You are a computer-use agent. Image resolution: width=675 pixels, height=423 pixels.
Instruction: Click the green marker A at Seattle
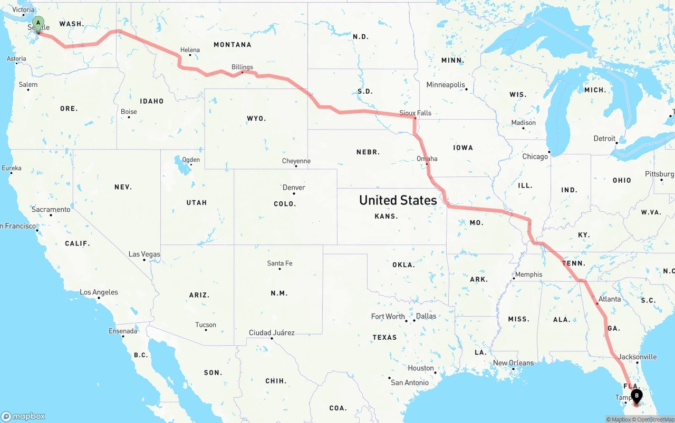[38, 23]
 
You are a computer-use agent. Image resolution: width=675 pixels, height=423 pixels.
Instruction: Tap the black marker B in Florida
[637, 396]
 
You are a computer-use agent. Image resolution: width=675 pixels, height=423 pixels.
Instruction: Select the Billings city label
[242, 67]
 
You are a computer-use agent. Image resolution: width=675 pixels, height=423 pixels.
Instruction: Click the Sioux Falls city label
[415, 113]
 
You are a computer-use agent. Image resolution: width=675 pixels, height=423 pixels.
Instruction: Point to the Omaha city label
[427, 159]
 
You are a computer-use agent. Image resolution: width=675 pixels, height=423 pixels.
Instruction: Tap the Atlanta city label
[610, 299]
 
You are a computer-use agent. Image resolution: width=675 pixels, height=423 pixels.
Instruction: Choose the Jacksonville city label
[638, 357]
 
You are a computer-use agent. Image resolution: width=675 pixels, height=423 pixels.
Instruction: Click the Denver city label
[294, 188]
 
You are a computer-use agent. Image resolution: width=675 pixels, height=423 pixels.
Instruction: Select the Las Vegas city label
[144, 254]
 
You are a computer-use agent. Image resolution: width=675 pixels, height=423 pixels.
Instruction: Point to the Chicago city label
[535, 156]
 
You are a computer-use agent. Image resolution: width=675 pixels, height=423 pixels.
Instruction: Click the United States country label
[398, 200]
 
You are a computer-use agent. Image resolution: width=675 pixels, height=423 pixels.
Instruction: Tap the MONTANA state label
[232, 45]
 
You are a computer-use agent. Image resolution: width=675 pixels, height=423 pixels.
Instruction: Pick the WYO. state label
[256, 119]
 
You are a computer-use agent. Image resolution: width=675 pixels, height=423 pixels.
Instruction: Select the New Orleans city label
[513, 362]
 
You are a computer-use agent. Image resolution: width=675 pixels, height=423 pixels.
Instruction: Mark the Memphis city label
[528, 274]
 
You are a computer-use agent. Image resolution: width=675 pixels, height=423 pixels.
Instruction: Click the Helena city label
[190, 50]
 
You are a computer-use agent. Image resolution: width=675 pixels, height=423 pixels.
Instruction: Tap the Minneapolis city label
[446, 85]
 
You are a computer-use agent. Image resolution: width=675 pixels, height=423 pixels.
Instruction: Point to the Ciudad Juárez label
[272, 333]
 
